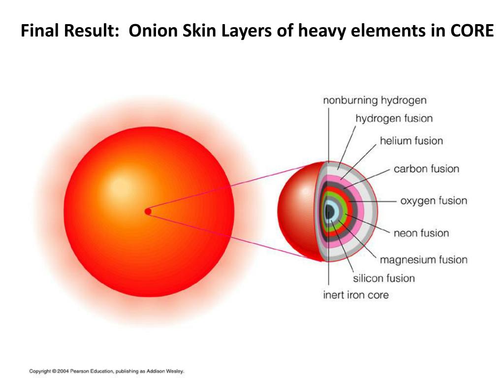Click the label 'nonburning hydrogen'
click(x=375, y=100)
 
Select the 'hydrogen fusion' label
click(x=394, y=119)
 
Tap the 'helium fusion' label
click(x=411, y=141)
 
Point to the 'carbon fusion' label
click(x=426, y=169)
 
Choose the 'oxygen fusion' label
click(x=433, y=201)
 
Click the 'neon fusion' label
click(x=421, y=233)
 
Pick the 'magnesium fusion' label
click(x=423, y=259)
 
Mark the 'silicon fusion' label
click(x=384, y=278)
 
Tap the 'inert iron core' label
click(x=355, y=295)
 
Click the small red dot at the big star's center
click(x=148, y=211)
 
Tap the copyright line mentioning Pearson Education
click(x=106, y=371)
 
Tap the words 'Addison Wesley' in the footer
click(x=167, y=371)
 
